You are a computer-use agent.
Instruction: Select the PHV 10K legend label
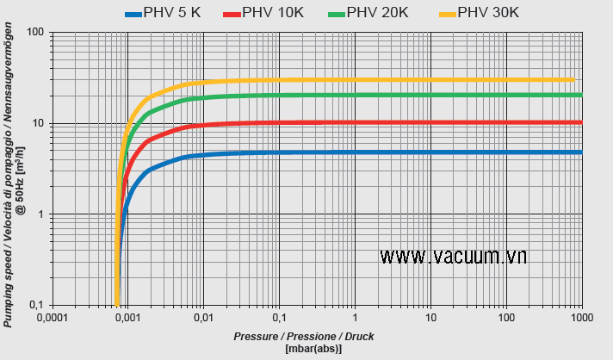[x=273, y=12]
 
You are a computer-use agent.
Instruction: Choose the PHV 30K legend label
[x=488, y=12]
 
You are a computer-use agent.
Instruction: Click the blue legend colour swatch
[x=133, y=13]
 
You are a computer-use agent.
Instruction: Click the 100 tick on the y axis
[x=35, y=32]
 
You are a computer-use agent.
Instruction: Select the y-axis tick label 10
[x=38, y=123]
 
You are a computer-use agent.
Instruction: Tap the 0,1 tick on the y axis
[x=37, y=306]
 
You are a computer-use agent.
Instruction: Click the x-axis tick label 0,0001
[x=53, y=318]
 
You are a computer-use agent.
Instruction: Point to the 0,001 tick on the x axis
[x=127, y=318]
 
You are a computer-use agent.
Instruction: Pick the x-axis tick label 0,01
[x=203, y=318]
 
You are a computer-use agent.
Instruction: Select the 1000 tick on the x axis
[x=582, y=318]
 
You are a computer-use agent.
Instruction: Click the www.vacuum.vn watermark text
[x=453, y=255]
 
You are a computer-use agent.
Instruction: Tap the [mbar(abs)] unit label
[x=313, y=349]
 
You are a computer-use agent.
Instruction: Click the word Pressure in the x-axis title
[x=256, y=336]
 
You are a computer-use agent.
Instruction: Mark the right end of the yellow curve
[x=573, y=79]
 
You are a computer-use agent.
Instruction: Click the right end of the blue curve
[x=581, y=152]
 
